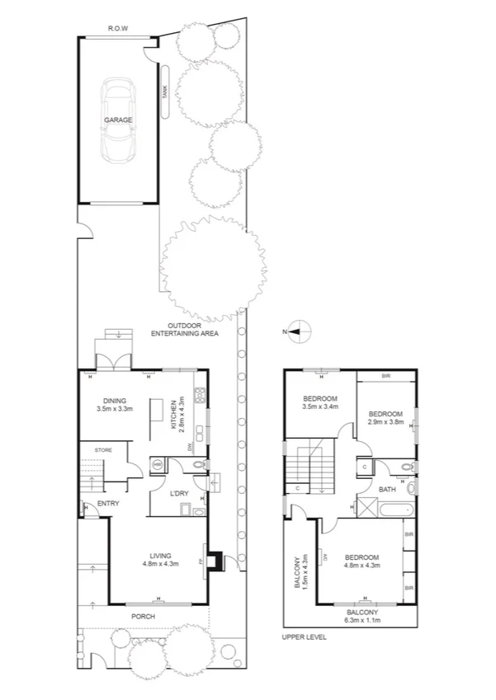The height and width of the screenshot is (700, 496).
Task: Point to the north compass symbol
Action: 300,331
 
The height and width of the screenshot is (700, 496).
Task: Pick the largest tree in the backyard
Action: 215,269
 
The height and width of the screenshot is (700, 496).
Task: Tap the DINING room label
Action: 115,403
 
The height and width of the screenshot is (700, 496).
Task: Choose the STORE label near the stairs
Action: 103,449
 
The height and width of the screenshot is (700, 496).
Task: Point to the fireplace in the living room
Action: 214,561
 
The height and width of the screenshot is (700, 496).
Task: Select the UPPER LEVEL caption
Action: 305,637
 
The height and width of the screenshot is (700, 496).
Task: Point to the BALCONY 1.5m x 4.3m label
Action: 301,571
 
